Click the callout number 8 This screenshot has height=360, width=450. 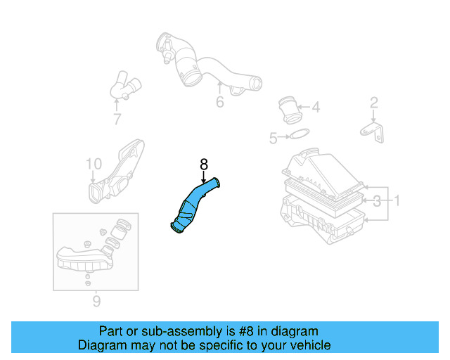pyautogui.click(x=204, y=164)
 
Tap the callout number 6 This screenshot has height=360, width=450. pyautogui.click(x=219, y=103)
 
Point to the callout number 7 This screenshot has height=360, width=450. pyautogui.click(x=117, y=119)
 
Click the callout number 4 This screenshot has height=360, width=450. pyautogui.click(x=316, y=108)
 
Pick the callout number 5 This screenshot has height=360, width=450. pyautogui.click(x=274, y=139)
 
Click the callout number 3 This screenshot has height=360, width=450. pyautogui.click(x=377, y=202)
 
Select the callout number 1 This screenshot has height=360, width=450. pyautogui.click(x=396, y=202)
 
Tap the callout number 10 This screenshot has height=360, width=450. pyautogui.click(x=94, y=164)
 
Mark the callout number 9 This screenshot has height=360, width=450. pyautogui.click(x=96, y=302)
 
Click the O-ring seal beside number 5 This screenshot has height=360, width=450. pyautogui.click(x=299, y=135)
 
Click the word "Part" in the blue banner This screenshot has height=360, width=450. pyautogui.click(x=111, y=331)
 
